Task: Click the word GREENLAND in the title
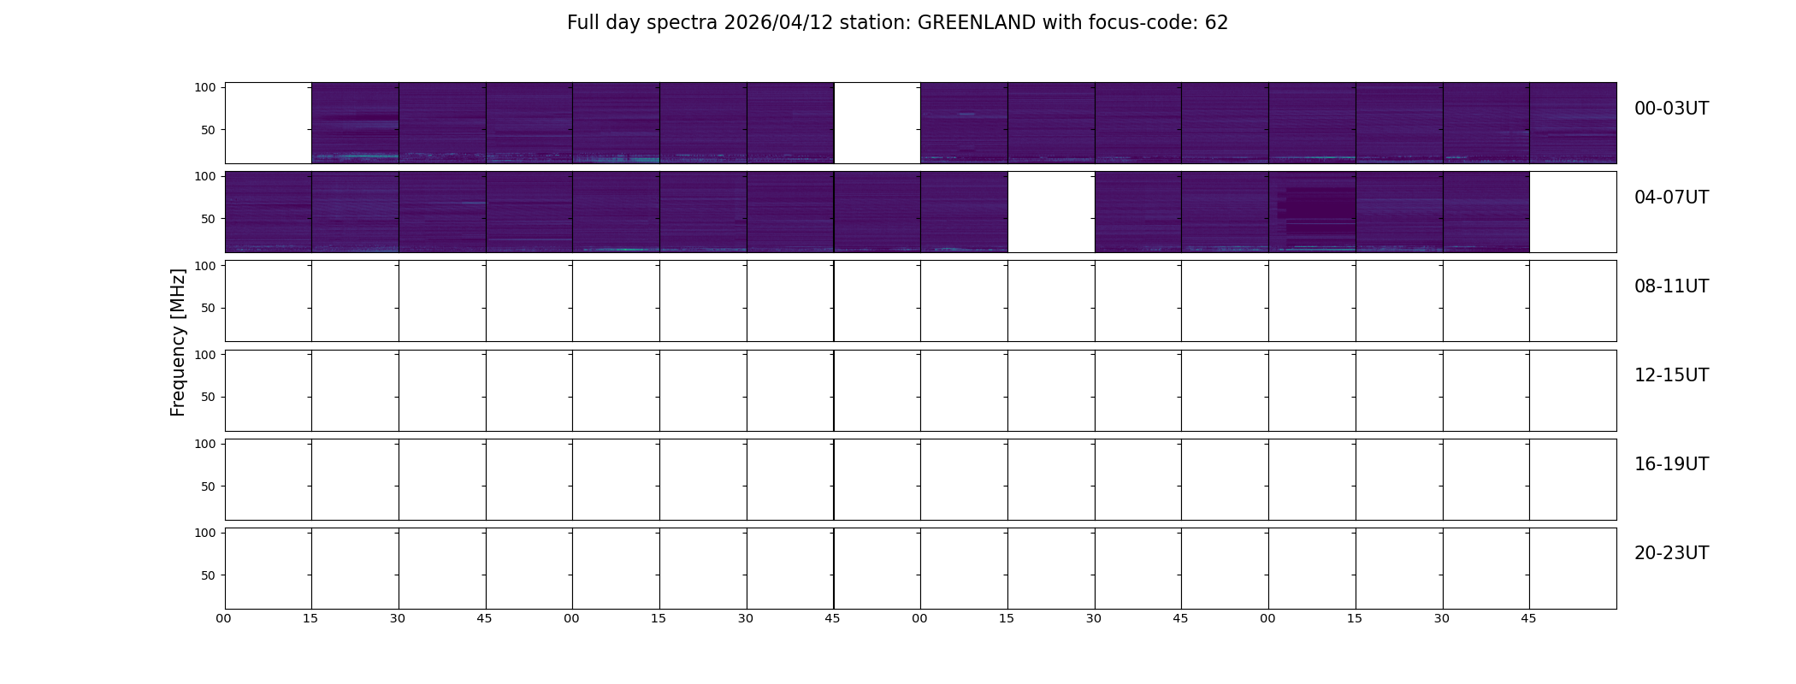[x=976, y=23]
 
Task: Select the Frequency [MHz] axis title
[x=178, y=342]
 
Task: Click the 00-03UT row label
[x=1671, y=109]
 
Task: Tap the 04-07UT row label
[x=1671, y=198]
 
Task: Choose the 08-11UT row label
[x=1671, y=286]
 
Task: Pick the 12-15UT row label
[x=1671, y=375]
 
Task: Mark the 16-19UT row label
[x=1671, y=464]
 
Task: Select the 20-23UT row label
[x=1671, y=553]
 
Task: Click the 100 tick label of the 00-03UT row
[x=204, y=87]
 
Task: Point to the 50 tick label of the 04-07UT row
[x=208, y=219]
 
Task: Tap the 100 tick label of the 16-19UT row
[x=204, y=444]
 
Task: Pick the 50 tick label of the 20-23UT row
[x=208, y=575]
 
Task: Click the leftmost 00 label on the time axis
[x=223, y=618]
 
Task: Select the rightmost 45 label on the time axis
[x=1528, y=618]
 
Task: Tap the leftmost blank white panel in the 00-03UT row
[x=269, y=123]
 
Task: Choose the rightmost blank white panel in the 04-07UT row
[x=1573, y=212]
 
